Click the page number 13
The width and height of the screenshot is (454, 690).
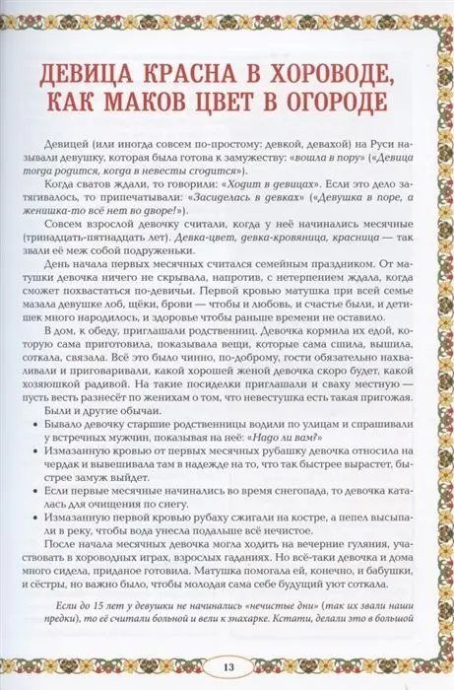point(227,659)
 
